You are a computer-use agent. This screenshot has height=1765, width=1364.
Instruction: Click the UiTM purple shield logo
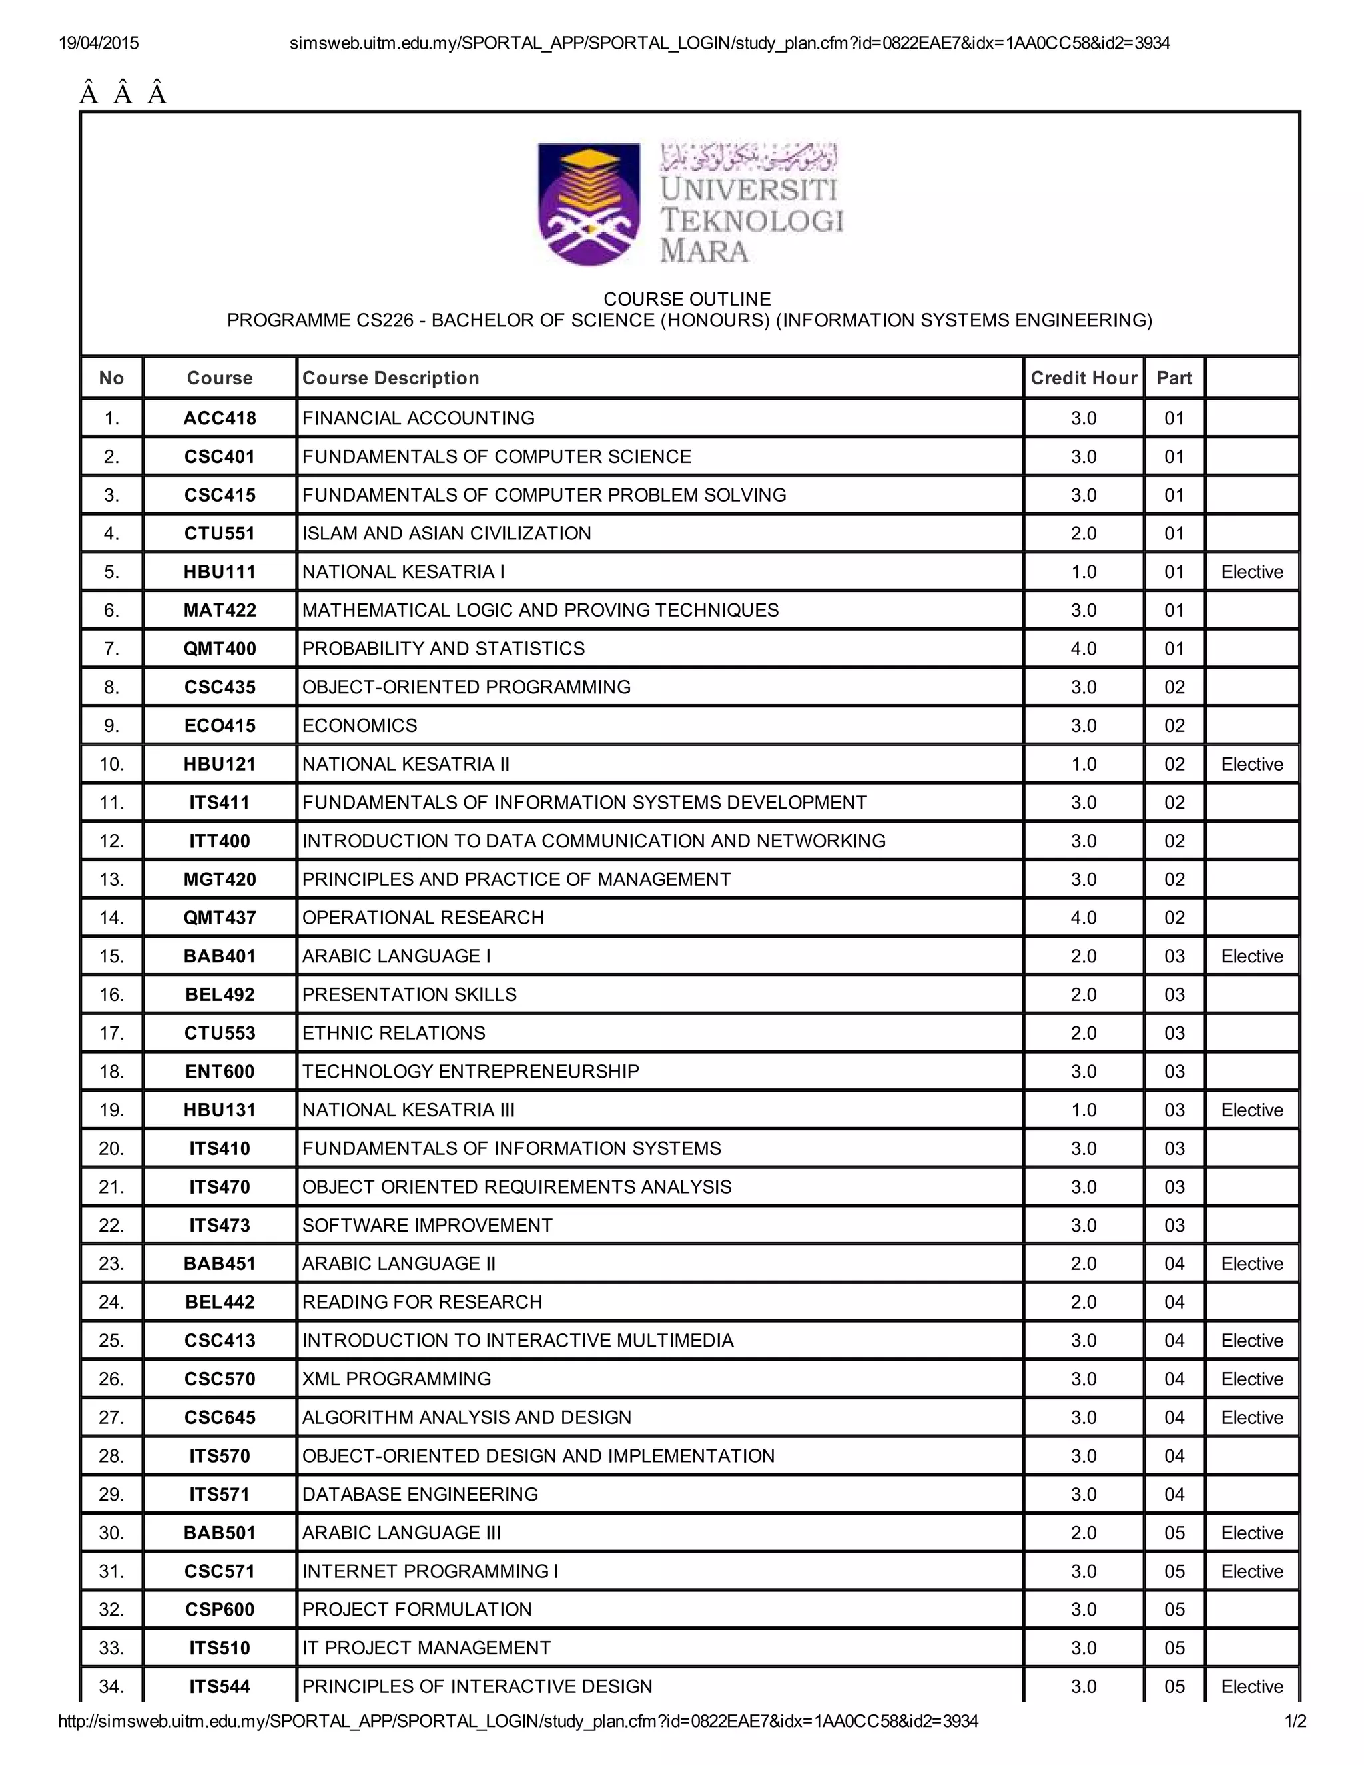coord(589,204)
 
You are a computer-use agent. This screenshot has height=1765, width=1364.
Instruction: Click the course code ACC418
coord(220,418)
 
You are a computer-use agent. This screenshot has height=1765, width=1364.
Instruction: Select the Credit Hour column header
coord(1083,378)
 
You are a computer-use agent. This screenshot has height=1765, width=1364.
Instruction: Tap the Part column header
coord(1174,378)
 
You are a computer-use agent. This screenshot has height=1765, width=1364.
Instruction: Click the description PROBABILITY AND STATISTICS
coord(443,648)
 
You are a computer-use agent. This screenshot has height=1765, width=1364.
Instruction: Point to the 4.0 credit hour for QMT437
coord(1083,917)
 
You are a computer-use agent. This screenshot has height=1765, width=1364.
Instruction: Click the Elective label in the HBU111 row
coord(1251,572)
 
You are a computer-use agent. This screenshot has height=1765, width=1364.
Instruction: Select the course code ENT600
coord(220,1072)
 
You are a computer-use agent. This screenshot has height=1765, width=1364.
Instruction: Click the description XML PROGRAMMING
coord(396,1379)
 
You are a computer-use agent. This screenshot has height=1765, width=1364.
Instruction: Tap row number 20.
coord(111,1148)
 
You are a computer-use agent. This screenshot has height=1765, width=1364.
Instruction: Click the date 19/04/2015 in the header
coord(99,43)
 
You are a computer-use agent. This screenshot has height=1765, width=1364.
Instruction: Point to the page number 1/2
coord(1295,1721)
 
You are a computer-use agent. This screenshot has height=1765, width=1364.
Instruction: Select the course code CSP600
coord(220,1610)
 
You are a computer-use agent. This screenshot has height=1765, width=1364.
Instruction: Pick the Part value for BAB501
coord(1174,1533)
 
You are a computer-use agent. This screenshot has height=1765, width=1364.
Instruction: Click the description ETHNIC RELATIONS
coord(394,1033)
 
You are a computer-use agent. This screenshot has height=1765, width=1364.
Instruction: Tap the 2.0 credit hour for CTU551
coord(1083,533)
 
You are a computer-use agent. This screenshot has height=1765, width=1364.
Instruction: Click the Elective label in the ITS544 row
coord(1251,1686)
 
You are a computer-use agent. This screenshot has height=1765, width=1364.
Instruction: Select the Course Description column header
coord(390,378)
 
